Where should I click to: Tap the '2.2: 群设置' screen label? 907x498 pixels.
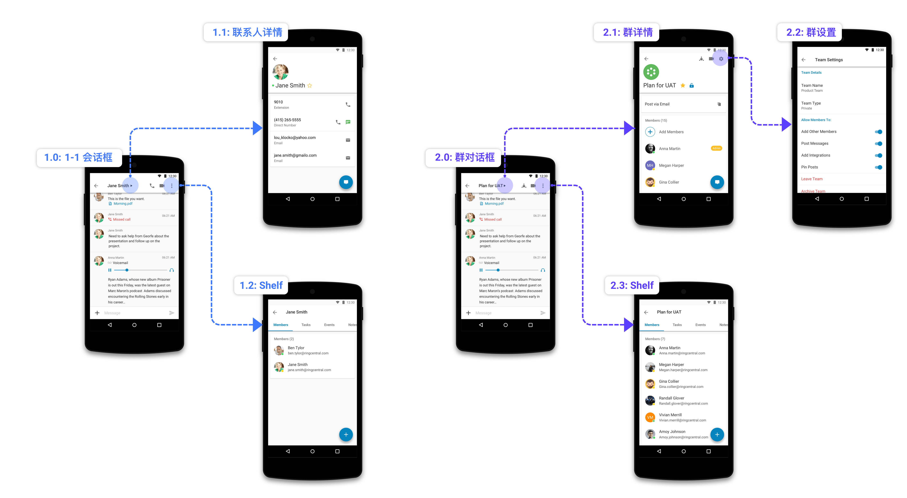pos(810,32)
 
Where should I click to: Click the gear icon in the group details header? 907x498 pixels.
pos(721,59)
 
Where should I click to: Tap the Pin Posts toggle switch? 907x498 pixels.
pos(878,167)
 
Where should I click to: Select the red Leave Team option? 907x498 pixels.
pos(812,179)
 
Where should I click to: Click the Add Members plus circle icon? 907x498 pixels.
pos(650,132)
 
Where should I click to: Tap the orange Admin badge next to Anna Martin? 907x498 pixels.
pos(716,148)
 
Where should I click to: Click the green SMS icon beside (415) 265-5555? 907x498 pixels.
pos(348,122)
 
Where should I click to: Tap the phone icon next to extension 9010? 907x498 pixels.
pos(348,105)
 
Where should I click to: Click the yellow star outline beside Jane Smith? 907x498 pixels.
pos(309,86)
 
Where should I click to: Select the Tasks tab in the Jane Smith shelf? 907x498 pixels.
pos(306,325)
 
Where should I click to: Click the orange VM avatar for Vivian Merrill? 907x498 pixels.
pos(650,417)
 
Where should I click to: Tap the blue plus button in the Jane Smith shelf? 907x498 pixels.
pos(346,435)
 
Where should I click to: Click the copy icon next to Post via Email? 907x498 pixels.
pos(719,104)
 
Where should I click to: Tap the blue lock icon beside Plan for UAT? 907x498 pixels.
pos(691,86)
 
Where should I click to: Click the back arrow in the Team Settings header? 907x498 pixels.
pos(803,60)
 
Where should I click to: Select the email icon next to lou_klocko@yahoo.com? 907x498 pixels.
pos(348,140)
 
